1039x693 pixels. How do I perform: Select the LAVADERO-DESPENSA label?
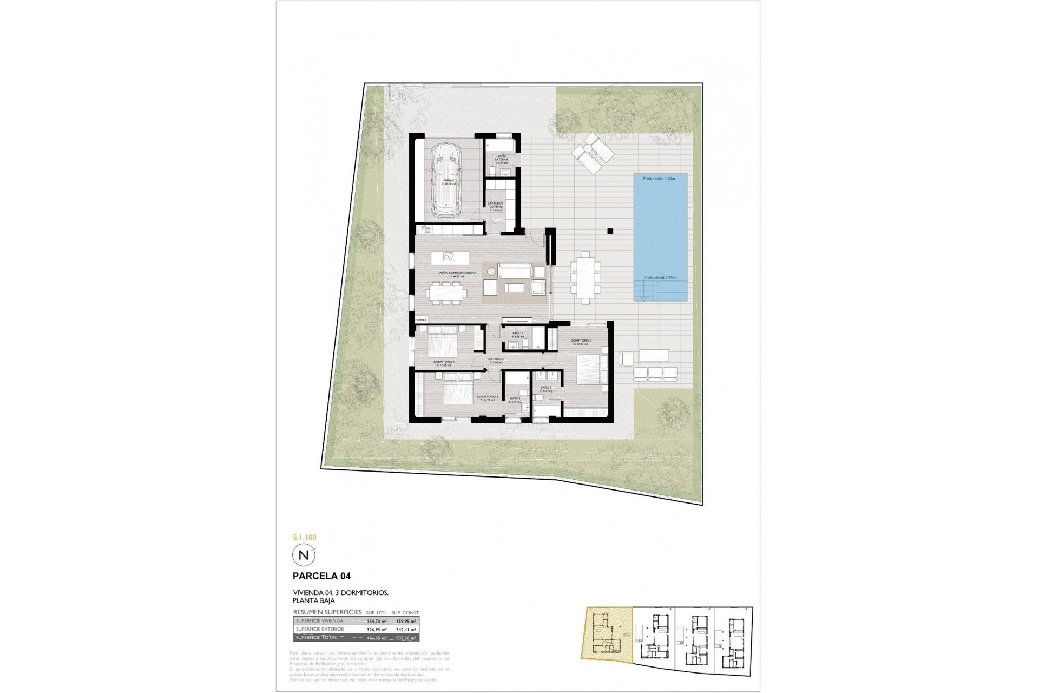496,205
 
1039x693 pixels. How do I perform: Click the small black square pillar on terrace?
610,231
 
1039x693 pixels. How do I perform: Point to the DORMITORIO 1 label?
581,341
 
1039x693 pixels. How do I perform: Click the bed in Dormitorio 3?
444,343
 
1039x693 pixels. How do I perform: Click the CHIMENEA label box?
421,321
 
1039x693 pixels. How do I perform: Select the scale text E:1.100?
304,538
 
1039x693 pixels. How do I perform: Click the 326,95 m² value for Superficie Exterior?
376,630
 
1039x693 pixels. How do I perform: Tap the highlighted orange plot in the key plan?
606,633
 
